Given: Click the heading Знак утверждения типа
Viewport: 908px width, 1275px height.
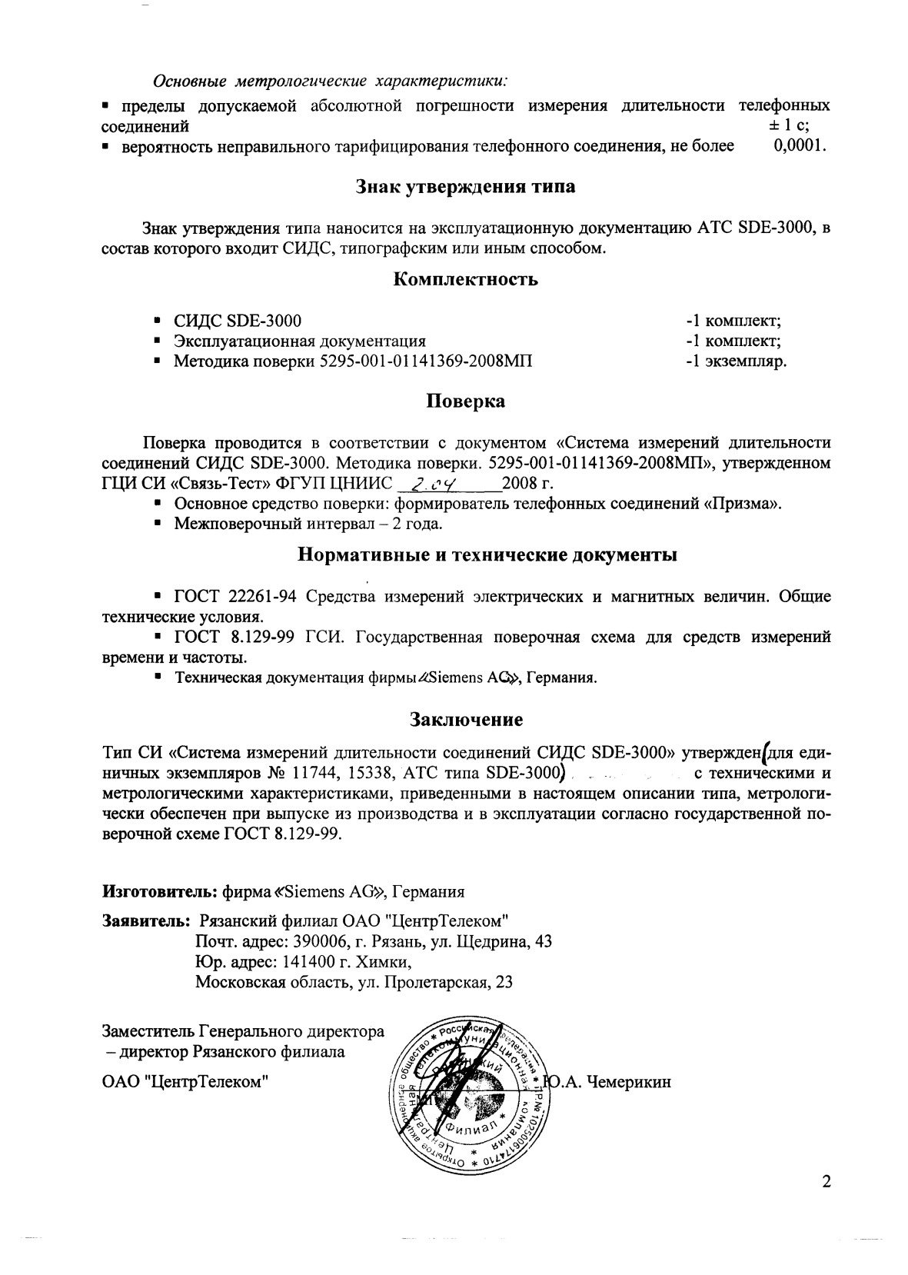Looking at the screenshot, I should pyautogui.click(x=465, y=187).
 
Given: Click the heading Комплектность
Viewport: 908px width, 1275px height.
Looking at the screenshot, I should pyautogui.click(x=465, y=280).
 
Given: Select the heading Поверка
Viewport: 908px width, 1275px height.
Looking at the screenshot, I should pyautogui.click(x=465, y=401).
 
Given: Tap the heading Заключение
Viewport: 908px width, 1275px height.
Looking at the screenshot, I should pyautogui.click(x=465, y=720).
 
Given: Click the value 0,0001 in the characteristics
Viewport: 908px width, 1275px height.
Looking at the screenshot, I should pyautogui.click(x=800, y=146).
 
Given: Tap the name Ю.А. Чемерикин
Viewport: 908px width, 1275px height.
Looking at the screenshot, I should pyautogui.click(x=607, y=1083).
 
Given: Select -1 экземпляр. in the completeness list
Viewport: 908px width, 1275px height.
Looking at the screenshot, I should pyautogui.click(x=736, y=361).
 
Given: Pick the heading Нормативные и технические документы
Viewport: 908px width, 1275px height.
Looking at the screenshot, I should pyautogui.click(x=487, y=555).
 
